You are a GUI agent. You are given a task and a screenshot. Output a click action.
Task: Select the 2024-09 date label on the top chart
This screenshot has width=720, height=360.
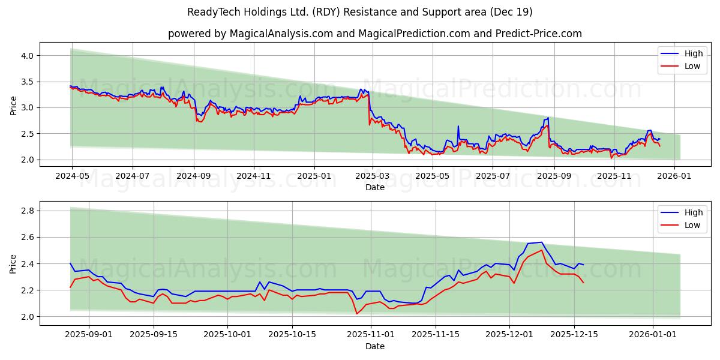point(193,176)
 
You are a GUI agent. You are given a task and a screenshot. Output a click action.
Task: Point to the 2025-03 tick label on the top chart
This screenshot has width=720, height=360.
point(373,176)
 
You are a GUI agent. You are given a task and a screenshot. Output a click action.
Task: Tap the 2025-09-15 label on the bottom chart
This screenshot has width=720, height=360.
point(154,335)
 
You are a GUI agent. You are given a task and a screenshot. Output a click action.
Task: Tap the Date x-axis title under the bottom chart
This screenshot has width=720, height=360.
point(375,346)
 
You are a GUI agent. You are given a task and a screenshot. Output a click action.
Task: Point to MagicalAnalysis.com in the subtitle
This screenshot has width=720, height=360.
point(281,34)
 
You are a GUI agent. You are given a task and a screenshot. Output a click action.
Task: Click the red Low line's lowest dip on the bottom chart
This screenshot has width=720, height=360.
point(357,313)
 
